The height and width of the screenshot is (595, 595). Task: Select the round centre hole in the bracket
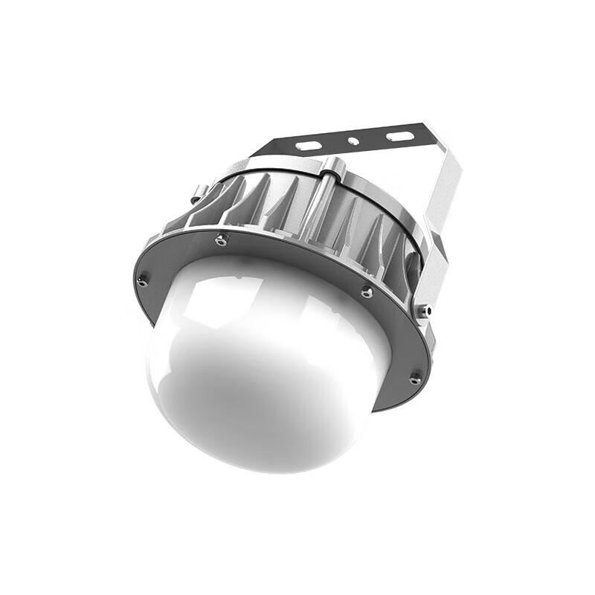[355, 141]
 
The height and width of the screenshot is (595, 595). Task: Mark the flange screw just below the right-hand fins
[366, 292]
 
